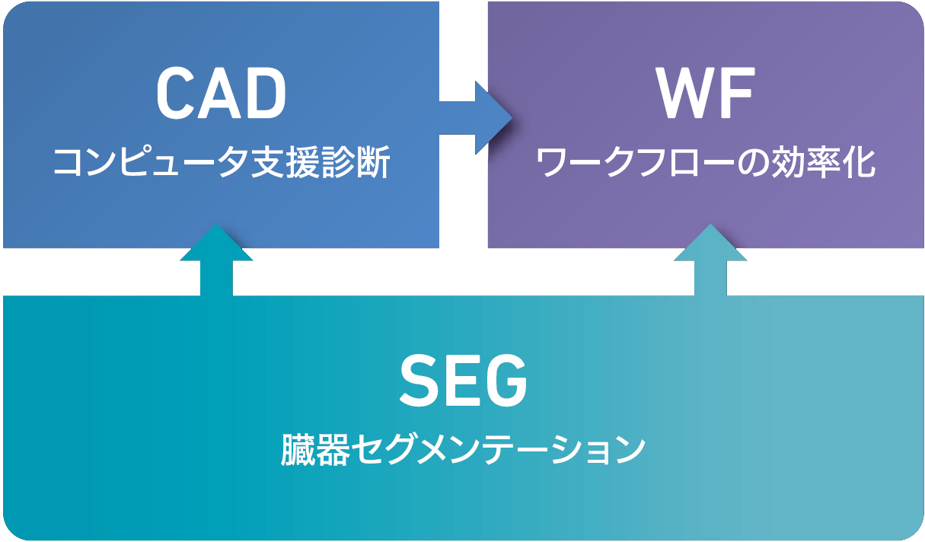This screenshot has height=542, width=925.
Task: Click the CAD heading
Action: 222,92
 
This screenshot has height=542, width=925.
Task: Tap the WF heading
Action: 706,92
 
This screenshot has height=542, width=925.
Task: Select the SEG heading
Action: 464,381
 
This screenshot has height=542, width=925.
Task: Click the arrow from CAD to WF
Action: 475,118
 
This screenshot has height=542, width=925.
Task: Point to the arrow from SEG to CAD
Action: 216,260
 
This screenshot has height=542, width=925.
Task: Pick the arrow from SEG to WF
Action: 710,260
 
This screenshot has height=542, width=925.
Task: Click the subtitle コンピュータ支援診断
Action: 222,162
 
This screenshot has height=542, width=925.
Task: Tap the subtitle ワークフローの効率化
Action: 705,162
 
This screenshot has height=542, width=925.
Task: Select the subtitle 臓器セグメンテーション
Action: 463,450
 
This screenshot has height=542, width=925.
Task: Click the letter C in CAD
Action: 175,92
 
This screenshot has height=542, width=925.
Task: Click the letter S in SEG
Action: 419,381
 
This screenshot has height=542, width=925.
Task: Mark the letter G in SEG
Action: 508,381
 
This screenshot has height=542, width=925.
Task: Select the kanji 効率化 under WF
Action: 824,162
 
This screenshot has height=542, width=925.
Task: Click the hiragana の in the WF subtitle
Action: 753,163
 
